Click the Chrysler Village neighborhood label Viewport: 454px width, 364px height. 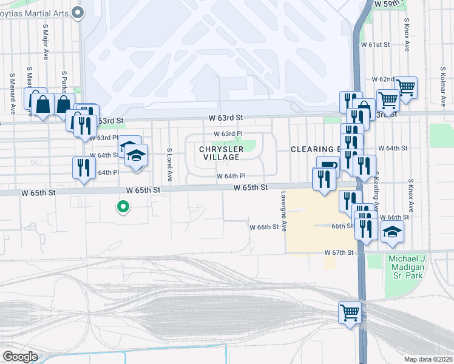pyautogui.click(x=222, y=153)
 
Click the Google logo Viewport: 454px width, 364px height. pyautogui.click(x=20, y=357)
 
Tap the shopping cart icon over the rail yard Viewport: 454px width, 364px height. pyautogui.click(x=350, y=313)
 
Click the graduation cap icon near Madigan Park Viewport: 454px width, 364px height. pyautogui.click(x=392, y=232)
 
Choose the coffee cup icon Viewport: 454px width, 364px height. pyautogui.click(x=328, y=166)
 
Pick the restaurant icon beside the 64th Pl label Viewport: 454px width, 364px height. pyautogui.click(x=84, y=167)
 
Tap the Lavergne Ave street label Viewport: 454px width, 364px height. pyautogui.click(x=283, y=212)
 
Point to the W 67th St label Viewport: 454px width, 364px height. pyautogui.click(x=339, y=252)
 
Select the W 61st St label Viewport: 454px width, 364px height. pyautogui.click(x=374, y=45)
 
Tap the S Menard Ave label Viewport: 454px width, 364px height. pyautogui.click(x=12, y=93)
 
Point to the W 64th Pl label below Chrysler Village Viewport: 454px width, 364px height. pyautogui.click(x=231, y=177)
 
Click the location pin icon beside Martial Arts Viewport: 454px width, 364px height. pyautogui.click(x=77, y=12)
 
